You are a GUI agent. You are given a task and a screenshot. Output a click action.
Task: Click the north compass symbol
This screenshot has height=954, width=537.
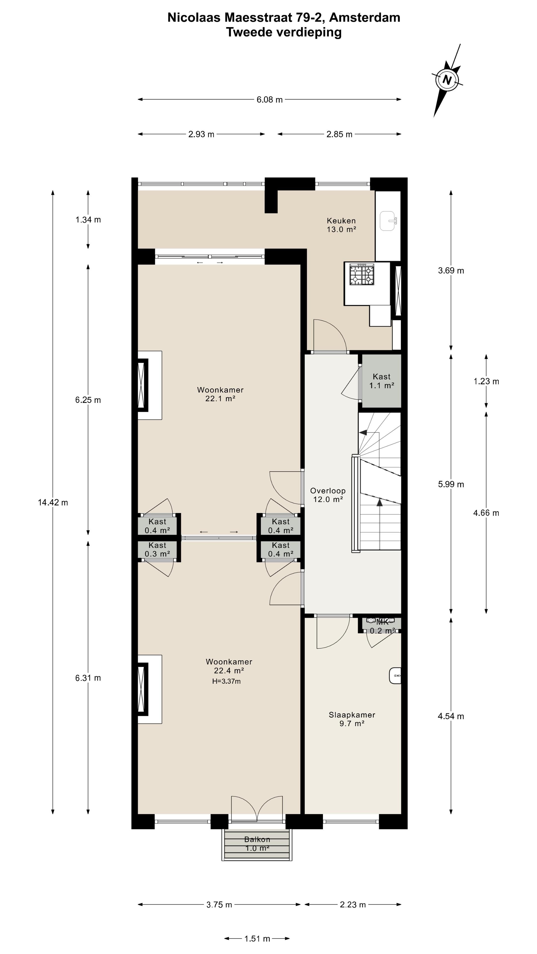point(447,79)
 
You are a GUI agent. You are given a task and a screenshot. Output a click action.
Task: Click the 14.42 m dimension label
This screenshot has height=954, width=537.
point(53,503)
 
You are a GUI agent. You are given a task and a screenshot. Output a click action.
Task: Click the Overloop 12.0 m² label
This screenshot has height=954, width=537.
point(328,495)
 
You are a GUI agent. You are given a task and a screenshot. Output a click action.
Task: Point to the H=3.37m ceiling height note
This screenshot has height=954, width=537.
point(226,681)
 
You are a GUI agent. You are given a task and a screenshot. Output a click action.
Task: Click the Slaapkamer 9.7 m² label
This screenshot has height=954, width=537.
point(352,719)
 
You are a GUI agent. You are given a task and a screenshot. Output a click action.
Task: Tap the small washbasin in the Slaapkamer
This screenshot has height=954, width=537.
point(395,676)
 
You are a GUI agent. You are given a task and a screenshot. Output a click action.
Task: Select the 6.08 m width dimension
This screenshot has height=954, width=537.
point(269,100)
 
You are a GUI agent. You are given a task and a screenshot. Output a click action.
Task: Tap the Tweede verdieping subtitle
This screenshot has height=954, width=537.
point(284,32)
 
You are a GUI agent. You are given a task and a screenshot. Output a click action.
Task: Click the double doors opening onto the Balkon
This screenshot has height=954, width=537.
point(257,810)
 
